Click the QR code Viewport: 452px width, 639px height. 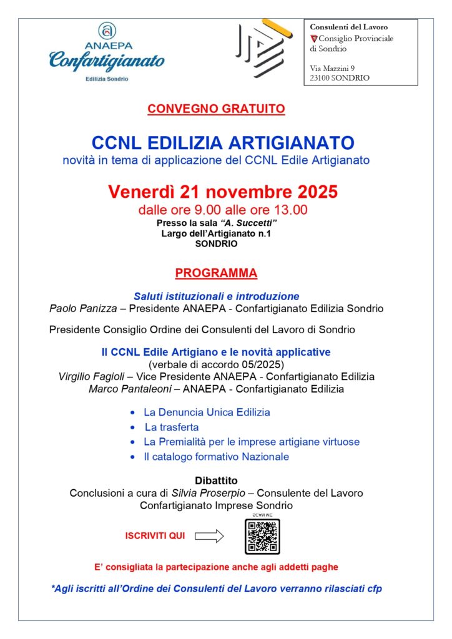[x=262, y=535]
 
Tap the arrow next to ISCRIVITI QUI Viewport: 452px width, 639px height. [x=209, y=535]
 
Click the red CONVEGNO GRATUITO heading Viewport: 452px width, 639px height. [x=216, y=109]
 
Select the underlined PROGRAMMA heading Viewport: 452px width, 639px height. [x=216, y=273]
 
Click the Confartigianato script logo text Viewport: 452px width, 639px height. [x=107, y=61]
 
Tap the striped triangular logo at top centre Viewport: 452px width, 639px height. [x=262, y=48]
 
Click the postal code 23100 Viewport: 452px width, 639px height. [x=321, y=78]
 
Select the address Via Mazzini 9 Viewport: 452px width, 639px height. [x=332, y=67]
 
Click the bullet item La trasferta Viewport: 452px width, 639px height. [x=172, y=427]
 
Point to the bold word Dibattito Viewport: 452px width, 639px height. [x=216, y=480]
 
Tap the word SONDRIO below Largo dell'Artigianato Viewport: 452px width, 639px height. [x=216, y=244]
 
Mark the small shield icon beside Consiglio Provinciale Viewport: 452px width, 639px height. [x=313, y=39]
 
